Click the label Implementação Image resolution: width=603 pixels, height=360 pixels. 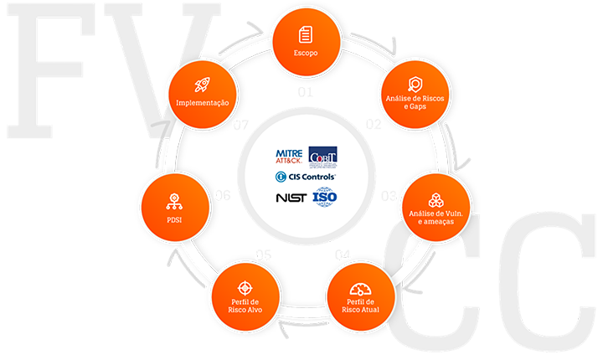(x=202, y=102)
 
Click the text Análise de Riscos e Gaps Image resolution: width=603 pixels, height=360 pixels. (x=413, y=103)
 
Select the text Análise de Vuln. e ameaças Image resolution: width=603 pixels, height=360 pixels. (x=434, y=219)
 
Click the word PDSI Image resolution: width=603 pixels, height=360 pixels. (x=174, y=220)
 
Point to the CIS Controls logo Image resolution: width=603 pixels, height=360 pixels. (x=306, y=177)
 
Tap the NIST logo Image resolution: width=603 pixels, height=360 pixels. (x=290, y=198)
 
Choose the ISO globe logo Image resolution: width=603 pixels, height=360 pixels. (x=324, y=198)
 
